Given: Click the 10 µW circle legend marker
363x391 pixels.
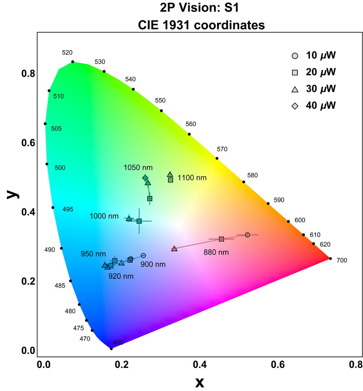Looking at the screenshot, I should click(295, 56).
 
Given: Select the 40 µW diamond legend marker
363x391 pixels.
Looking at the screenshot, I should click(295, 106).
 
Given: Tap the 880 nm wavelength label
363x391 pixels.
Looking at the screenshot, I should click(216, 252).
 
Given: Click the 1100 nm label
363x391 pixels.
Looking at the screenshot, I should click(192, 178).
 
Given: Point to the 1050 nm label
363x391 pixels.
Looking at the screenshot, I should click(138, 168).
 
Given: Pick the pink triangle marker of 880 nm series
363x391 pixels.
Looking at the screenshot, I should click(174, 249).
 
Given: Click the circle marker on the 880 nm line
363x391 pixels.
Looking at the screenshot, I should click(247, 235).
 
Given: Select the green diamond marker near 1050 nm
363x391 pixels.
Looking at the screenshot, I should click(145, 178).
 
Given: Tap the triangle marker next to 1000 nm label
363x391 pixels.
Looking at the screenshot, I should click(129, 218).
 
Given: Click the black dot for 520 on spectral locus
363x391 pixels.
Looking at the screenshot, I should click(73, 62).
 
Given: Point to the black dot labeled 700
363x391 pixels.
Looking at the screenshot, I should click(330, 259).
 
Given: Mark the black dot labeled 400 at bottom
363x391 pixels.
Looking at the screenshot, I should click(111, 349).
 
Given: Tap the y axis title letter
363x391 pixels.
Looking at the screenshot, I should click(13, 195).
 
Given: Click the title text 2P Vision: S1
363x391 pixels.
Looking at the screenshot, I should click(199, 8).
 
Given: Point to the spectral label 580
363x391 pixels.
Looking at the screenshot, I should click(252, 175).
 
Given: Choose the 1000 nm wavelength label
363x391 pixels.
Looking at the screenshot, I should click(104, 216).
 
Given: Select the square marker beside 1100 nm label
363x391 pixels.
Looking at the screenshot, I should click(170, 180).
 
